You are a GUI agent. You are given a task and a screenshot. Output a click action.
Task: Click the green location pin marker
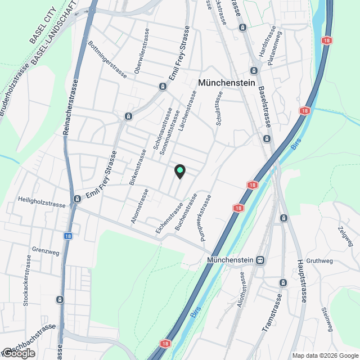[179, 171]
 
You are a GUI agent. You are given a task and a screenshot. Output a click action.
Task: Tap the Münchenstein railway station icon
[260, 260]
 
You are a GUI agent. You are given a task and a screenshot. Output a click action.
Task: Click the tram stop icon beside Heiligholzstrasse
[76, 199]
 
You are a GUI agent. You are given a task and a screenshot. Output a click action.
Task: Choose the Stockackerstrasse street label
[27, 280]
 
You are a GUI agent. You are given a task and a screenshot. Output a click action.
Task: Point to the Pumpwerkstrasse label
[205, 218]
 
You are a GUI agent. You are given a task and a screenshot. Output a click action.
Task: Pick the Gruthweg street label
[321, 261]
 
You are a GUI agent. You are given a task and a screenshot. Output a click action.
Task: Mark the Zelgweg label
[345, 236]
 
